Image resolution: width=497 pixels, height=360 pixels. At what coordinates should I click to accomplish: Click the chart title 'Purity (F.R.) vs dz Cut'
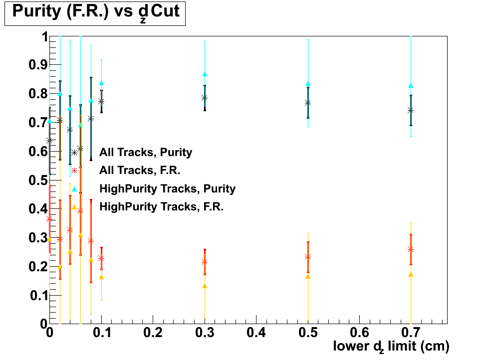click(x=95, y=12)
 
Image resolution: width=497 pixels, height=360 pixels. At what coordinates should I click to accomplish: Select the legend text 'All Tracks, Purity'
click(x=146, y=152)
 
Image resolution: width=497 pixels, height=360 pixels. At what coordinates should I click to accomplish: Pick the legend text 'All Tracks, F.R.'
click(x=140, y=171)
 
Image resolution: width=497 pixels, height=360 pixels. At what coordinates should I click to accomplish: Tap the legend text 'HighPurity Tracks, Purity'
click(x=167, y=188)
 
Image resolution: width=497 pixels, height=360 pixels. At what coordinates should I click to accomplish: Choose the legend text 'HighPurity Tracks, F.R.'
click(x=161, y=206)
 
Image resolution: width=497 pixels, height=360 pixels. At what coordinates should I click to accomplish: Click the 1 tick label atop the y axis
click(x=44, y=37)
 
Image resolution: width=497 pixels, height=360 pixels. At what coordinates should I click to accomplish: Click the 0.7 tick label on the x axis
click(x=411, y=332)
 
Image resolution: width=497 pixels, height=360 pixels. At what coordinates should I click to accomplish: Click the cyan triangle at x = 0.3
click(x=205, y=74)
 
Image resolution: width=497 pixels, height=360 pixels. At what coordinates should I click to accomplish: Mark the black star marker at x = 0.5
click(x=308, y=102)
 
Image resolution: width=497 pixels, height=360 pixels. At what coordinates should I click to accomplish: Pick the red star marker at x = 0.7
click(x=411, y=249)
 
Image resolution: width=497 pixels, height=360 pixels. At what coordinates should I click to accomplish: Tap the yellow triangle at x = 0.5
click(x=308, y=276)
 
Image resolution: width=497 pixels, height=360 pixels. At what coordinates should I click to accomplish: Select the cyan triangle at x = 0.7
click(x=411, y=85)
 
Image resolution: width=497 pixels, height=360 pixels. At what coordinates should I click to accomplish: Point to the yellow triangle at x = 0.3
click(x=205, y=286)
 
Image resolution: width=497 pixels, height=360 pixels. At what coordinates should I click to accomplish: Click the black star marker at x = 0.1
click(x=101, y=101)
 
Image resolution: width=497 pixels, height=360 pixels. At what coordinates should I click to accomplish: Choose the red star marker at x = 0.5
click(x=308, y=256)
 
